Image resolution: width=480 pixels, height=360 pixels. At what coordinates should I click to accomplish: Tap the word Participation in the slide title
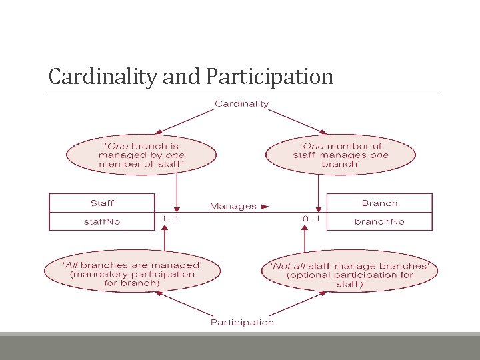pos(270,77)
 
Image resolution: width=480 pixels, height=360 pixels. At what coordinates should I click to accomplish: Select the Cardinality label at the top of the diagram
pos(241,103)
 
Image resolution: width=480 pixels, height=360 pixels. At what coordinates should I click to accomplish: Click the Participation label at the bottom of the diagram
pos(242,323)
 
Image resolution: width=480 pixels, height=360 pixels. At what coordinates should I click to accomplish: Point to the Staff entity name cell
pos(102,203)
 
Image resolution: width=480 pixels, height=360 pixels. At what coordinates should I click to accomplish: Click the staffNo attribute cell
pos(102,221)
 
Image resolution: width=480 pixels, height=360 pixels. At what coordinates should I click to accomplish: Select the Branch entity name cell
pos(379,203)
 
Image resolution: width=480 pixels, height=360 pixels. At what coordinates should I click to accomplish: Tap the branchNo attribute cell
pos(379,221)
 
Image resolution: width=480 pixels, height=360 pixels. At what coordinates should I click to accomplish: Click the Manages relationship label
pos(233,206)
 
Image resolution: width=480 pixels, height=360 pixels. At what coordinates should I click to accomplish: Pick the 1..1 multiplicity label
pos(171,218)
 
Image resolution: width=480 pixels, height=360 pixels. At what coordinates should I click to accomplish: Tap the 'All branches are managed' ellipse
pos(132,273)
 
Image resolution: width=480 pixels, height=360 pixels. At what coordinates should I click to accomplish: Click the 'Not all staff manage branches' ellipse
pos(350,275)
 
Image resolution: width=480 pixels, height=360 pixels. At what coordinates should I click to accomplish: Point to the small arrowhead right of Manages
pos(265,207)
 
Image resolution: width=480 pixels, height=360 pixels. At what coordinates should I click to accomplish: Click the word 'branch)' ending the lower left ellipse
pos(145,283)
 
